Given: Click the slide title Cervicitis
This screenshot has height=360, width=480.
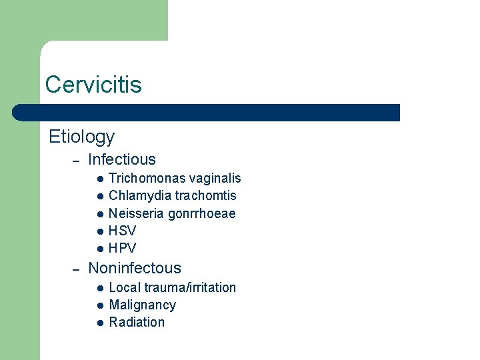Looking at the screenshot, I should coord(93,85).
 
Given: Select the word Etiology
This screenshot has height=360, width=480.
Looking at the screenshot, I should coord(81,137).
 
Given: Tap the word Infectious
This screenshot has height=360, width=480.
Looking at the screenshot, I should coord(121,159).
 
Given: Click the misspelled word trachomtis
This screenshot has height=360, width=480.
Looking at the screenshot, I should coord(205,195).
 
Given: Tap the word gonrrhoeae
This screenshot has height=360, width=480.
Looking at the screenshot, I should coord(202,214).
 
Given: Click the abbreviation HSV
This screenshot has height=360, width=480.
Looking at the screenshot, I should coord(122,231).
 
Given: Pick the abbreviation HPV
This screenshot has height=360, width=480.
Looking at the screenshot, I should coord(122,248).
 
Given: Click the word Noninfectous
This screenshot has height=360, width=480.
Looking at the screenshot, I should coord(135,268).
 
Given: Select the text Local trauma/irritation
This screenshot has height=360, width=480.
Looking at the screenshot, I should coord(172,287).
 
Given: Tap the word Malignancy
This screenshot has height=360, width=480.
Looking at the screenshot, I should coord(142,305).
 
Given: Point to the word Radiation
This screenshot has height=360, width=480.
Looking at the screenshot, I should coord(137,322).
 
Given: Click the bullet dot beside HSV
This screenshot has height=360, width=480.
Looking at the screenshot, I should coord(99,231).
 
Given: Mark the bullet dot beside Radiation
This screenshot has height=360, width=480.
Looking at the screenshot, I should coord(99,323).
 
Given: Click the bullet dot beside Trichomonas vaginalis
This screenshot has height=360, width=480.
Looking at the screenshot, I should coord(99,179).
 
